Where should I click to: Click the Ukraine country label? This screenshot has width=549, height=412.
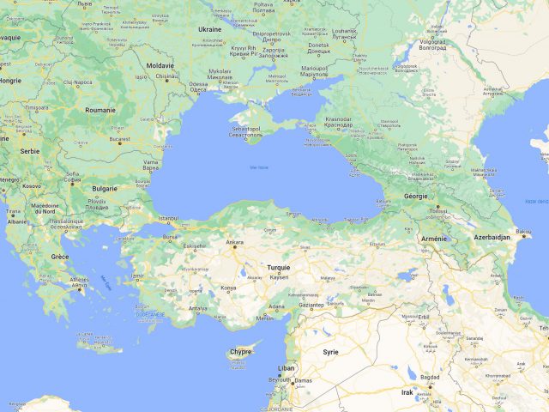[210, 29]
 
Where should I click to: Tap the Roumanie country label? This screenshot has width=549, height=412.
[100, 110]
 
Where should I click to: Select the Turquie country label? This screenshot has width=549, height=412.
[279, 268]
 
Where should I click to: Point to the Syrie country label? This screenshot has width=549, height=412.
[330, 352]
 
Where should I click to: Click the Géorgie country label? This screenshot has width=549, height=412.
[415, 196]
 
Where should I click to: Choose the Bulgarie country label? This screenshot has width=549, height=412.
[105, 188]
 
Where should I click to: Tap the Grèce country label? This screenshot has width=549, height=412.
[59, 257]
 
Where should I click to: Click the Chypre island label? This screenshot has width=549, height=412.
[241, 352]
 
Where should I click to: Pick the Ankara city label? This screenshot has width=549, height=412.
[234, 242]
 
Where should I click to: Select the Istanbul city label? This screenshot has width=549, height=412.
[169, 218]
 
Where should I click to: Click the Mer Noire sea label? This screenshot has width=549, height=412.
[258, 167]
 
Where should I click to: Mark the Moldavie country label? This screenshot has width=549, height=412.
[160, 65]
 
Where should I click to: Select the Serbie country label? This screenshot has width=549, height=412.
[31, 151]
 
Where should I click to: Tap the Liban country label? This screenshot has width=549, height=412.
[286, 367]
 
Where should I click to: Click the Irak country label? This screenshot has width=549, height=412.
[407, 391]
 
